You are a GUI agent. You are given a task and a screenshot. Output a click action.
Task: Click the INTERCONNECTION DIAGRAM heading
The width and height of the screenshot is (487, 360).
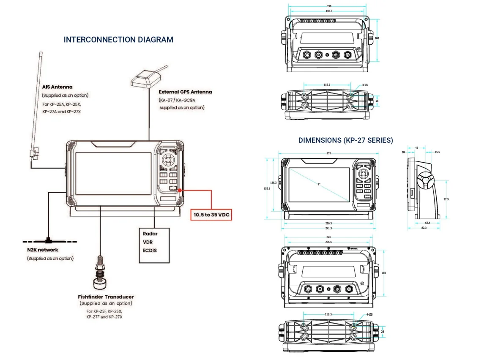tap(118, 40)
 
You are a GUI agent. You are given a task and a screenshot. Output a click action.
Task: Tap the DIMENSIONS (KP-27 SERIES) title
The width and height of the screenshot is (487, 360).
tap(345, 140)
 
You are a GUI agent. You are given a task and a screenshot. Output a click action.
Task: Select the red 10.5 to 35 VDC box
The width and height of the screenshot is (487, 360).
tap(211, 215)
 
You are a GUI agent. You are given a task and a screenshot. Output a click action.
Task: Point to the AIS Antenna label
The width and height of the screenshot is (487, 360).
tap(57, 87)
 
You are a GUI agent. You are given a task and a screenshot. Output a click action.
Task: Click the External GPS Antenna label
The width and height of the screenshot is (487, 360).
tap(185, 92)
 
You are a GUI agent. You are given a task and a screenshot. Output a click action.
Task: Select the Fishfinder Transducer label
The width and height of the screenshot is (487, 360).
tap(106, 297)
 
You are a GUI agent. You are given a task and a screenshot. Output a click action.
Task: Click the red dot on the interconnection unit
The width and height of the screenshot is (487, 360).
tap(180, 191)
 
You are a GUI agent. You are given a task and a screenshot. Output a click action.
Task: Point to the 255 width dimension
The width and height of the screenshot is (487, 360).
tap(328, 153)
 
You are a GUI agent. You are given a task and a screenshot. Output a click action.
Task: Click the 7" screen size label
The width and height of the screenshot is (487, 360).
tap(319, 184)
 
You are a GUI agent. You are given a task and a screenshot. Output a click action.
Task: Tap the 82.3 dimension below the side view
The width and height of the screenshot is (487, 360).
tap(424, 228)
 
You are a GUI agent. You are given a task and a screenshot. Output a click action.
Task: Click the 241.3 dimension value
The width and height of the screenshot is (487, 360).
tap(328, 228)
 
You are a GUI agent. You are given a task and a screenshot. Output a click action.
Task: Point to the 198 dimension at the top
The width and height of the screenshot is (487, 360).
tap(329, 6)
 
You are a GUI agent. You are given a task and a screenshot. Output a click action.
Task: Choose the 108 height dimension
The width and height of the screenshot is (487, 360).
tap(377, 38)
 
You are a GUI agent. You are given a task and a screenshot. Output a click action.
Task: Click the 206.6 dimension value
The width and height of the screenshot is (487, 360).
tap(328, 242)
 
